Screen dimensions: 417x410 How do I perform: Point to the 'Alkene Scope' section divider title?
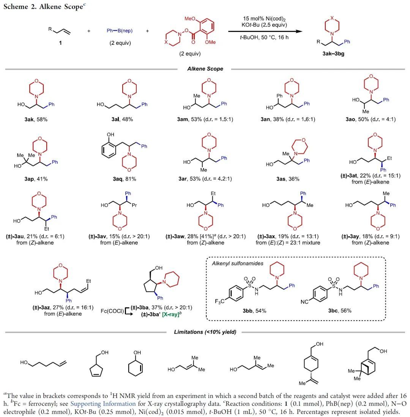click(205, 69)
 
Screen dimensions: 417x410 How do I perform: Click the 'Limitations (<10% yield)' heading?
click(205, 332)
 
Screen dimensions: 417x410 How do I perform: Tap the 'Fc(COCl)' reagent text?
click(112, 311)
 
